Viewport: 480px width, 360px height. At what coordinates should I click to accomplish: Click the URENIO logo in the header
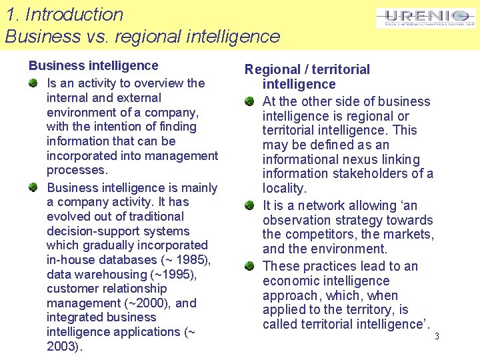(426, 18)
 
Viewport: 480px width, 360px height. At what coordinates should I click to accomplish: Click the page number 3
(437, 336)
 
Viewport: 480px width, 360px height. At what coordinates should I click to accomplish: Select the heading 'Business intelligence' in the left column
(93, 65)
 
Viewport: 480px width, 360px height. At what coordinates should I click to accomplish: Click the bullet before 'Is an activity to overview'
(33, 83)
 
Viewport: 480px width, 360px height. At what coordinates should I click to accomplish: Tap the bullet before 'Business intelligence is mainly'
(33, 188)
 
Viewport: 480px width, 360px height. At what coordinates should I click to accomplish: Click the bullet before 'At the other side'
(249, 101)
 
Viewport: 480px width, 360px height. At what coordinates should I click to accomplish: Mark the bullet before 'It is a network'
(249, 205)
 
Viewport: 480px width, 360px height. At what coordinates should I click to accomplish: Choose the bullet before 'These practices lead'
(249, 266)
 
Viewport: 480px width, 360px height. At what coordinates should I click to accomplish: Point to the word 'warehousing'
(109, 274)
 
